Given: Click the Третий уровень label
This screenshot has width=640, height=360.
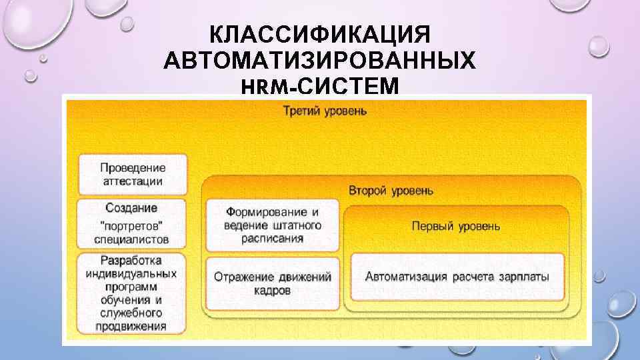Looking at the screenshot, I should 325,111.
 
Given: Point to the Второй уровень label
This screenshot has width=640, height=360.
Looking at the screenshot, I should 391,191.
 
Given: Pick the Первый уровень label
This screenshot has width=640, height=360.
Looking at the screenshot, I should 455,226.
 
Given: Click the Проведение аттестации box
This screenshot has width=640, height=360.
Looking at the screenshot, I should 133,173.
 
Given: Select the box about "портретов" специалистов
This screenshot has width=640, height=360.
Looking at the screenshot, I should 133,223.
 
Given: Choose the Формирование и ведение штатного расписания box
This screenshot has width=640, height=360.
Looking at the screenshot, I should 273,225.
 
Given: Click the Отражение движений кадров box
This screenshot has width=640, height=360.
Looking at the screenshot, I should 272,283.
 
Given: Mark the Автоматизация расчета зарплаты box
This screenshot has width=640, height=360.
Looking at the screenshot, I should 457,276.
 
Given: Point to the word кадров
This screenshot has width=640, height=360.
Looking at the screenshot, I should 272,291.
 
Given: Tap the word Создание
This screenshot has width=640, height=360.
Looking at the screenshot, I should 132,207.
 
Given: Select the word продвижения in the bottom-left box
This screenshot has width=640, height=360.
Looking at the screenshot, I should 131,326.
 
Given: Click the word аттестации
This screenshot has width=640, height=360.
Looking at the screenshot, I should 133,181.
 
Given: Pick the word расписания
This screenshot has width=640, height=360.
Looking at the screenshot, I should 273,238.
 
